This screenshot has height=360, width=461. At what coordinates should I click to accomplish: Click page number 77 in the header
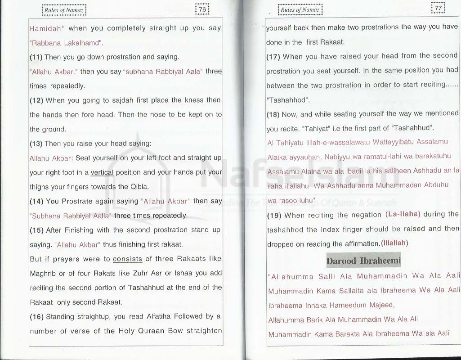(438, 9)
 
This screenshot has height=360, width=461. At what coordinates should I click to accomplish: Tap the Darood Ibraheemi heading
(363, 261)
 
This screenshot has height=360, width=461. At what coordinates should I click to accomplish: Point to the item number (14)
(37, 201)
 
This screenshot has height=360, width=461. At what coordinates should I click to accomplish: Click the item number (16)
(37, 316)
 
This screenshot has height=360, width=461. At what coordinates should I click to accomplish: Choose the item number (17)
(273, 56)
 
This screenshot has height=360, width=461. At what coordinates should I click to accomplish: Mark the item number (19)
(274, 215)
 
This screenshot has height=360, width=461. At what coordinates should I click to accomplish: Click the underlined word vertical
(102, 172)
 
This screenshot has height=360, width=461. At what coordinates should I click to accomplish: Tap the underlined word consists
(127, 259)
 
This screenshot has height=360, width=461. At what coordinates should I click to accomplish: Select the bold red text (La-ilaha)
(403, 214)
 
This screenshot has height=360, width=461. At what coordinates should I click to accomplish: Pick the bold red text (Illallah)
(394, 243)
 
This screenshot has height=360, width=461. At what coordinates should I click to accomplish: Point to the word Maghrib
(43, 273)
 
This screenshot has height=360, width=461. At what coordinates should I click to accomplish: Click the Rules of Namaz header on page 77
(300, 9)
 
